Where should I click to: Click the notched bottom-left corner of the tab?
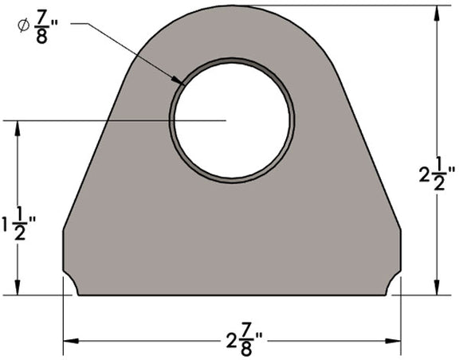[70, 284]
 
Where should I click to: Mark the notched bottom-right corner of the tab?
[393, 284]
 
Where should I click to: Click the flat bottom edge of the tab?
[231, 293]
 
